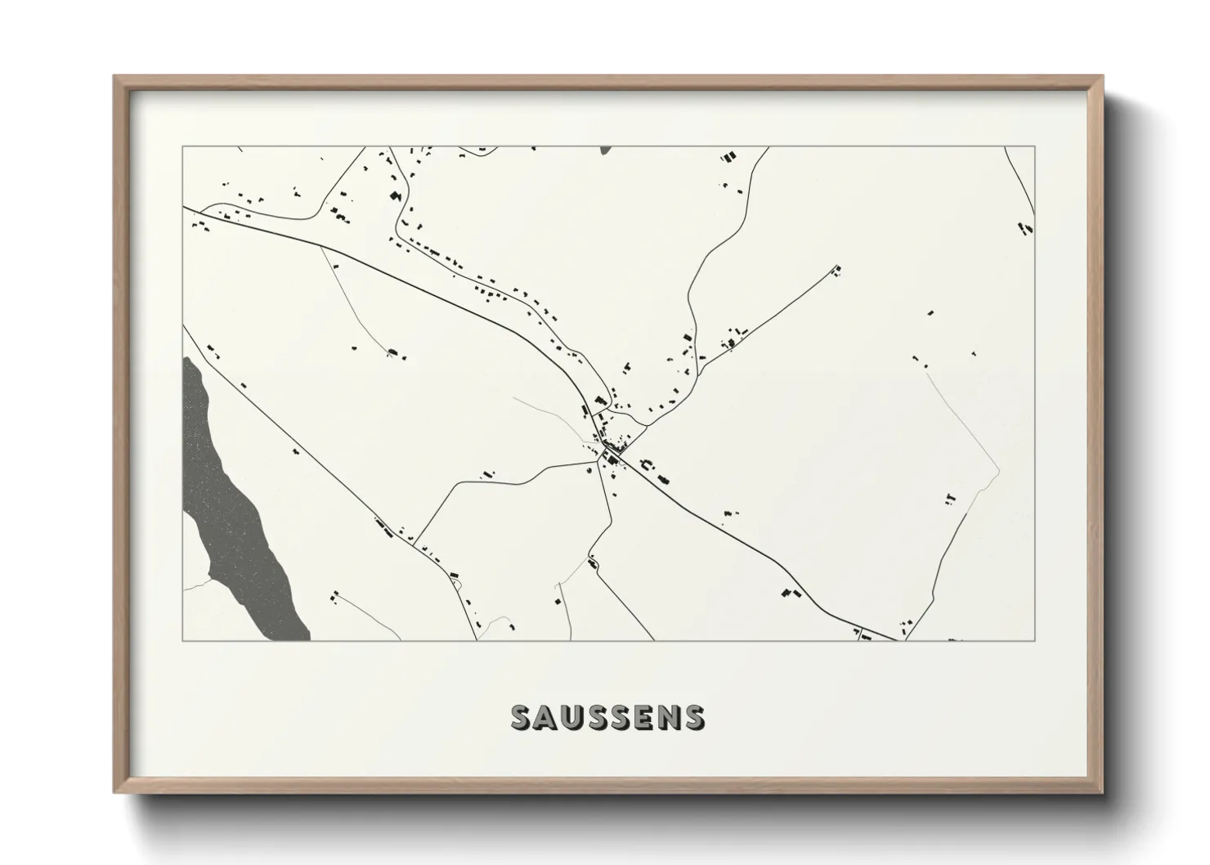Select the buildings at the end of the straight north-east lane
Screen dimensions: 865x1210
point(836,271)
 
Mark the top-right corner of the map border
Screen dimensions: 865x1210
point(1035,146)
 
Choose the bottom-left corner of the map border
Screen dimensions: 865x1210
point(182,640)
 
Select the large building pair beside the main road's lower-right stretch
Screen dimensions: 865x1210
point(788,594)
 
